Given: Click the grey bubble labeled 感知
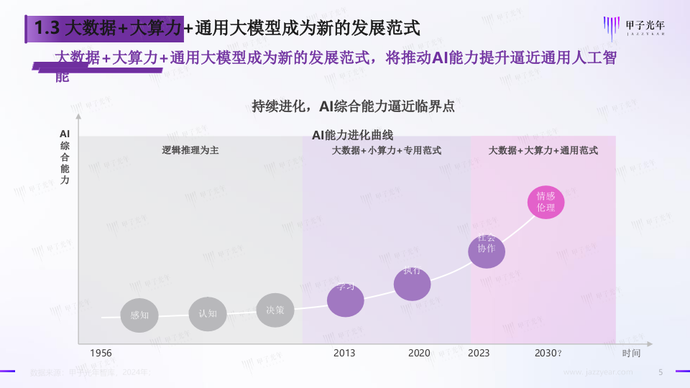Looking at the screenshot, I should click(139, 315).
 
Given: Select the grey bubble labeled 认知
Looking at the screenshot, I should click(208, 313).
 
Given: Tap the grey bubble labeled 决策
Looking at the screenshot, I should click(275, 310).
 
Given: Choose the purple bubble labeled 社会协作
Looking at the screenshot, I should click(487, 250).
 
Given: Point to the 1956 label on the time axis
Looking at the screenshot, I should click(101, 353).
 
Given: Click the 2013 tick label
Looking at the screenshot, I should click(344, 353).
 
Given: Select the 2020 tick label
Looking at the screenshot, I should click(419, 353).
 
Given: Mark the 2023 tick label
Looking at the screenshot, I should click(479, 353).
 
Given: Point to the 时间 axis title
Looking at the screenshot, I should click(631, 353).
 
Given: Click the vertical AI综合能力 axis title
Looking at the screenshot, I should click(65, 157).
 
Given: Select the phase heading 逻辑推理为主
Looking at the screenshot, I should click(190, 151).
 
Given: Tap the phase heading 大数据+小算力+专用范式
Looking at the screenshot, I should click(386, 151).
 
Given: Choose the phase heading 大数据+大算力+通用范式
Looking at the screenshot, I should click(543, 151).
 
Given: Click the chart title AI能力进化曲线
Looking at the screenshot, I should click(352, 134).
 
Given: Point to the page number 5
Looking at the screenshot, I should click(661, 372).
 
